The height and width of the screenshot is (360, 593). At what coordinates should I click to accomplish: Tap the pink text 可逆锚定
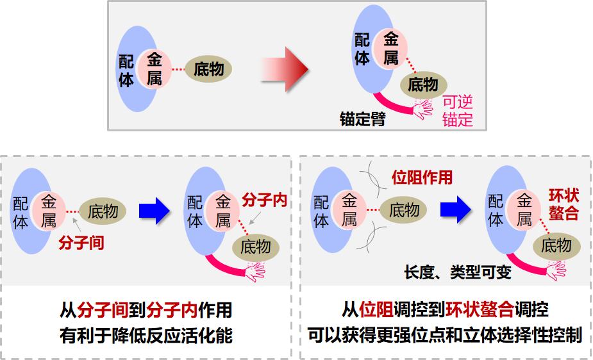tap(458, 111)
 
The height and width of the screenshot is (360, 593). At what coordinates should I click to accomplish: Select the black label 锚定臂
tap(363, 119)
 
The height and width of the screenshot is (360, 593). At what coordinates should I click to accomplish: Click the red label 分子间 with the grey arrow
tap(81, 243)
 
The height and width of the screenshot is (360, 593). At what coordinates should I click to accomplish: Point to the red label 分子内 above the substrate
tap(264, 200)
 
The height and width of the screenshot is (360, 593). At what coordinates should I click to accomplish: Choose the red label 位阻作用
tap(422, 177)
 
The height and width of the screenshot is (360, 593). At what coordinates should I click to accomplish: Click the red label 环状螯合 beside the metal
tap(564, 204)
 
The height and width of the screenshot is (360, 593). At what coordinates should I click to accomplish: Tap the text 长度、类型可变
tap(458, 272)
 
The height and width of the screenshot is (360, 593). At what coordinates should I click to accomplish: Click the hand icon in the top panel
tap(423, 108)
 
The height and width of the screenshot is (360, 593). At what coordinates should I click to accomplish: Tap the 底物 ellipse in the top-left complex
tap(208, 69)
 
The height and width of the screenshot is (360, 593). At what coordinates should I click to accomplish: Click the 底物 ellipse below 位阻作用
tap(404, 210)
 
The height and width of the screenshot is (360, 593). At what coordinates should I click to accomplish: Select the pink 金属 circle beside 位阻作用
tap(349, 210)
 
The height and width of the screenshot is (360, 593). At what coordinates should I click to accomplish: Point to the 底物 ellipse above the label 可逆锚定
tap(423, 84)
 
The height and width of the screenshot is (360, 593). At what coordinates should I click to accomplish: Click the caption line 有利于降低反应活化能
tap(146, 335)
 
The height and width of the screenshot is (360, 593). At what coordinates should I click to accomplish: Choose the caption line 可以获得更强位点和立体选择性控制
tap(445, 335)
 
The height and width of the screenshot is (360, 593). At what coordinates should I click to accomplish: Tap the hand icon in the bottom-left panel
tap(255, 271)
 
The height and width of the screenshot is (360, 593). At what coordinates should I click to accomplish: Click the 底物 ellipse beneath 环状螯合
tap(556, 245)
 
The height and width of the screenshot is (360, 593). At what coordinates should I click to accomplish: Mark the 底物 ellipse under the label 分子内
tap(256, 246)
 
